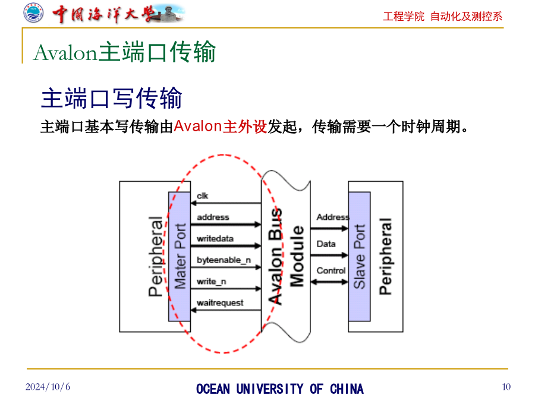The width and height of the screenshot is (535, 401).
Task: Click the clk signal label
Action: point(202,195)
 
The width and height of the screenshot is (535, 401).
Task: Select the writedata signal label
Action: point(215,238)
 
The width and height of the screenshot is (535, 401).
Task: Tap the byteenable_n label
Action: point(224,260)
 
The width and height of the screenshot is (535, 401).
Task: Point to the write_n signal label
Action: point(211,282)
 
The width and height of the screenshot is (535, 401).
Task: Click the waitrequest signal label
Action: point(220,303)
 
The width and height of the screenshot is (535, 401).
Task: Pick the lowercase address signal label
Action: point(213,217)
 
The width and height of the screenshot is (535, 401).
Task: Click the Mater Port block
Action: point(180,257)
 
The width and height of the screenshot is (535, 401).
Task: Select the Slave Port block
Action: point(359,257)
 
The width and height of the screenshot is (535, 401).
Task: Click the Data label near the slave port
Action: point(326,244)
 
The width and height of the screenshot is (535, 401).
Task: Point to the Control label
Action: point(331,270)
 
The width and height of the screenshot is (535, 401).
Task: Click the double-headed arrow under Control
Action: point(329,282)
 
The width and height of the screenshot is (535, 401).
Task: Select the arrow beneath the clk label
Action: point(226,203)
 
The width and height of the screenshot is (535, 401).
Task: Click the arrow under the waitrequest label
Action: point(226,310)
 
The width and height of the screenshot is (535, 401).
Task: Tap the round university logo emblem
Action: point(33,13)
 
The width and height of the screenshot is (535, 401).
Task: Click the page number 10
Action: point(506,387)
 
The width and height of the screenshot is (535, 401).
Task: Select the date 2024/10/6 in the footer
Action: point(48,387)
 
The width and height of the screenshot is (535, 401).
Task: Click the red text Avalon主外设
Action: point(221,127)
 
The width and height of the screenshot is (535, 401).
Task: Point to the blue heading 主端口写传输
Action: point(112,98)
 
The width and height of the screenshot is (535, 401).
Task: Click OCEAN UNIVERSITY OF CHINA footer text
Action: point(280,389)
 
